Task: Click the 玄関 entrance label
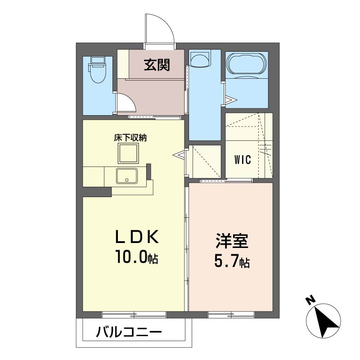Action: pyautogui.click(x=157, y=65)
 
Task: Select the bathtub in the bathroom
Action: pyautogui.click(x=247, y=64)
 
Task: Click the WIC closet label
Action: pyautogui.click(x=243, y=160)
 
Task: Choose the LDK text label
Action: pyautogui.click(x=137, y=237)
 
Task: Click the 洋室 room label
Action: pyautogui.click(x=232, y=241)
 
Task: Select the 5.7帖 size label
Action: pyautogui.click(x=232, y=261)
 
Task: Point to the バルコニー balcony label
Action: pyautogui.click(x=129, y=332)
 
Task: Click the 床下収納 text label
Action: pyautogui.click(x=130, y=138)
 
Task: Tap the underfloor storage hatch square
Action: pyautogui.click(x=129, y=153)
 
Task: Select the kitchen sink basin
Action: pyautogui.click(x=127, y=176)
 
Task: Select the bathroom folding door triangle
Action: pyautogui.click(x=231, y=100)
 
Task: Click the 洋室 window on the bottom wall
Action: pyautogui.click(x=231, y=315)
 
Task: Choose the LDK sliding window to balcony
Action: pyautogui.click(x=134, y=315)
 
